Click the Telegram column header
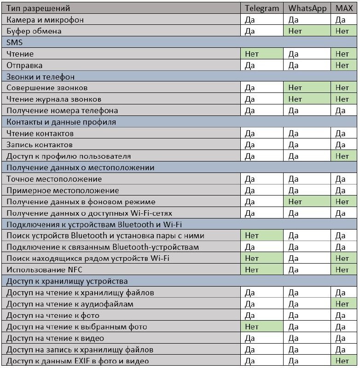tap(262, 8)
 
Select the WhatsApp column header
tap(308, 8)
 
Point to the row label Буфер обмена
tap(34, 31)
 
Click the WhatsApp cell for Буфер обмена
tap(308, 31)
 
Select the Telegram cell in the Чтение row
tap(262, 54)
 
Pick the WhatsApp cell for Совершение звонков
tap(308, 88)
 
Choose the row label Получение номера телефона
tap(62, 110)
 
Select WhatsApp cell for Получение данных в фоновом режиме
tap(308, 201)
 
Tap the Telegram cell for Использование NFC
tap(262, 270)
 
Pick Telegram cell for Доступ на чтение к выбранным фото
tap(262, 327)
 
